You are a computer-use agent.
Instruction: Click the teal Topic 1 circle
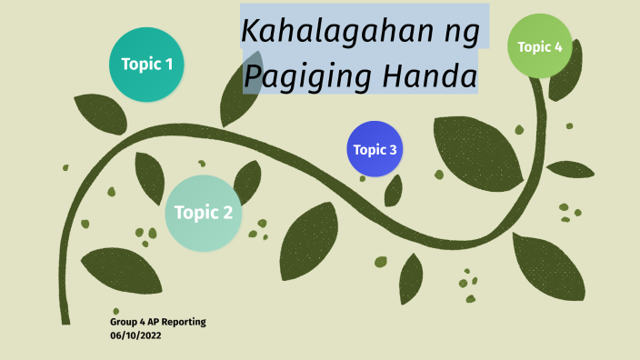pyautogui.click(x=147, y=65)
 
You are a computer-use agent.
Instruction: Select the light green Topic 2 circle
pyautogui.click(x=203, y=214)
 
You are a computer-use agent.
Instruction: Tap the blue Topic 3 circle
pyautogui.click(x=375, y=149)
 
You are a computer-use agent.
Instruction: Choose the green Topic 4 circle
pyautogui.click(x=540, y=46)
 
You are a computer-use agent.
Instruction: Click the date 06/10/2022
pyautogui.click(x=135, y=335)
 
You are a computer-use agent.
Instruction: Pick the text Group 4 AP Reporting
pyautogui.click(x=158, y=323)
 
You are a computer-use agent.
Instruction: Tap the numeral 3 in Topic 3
pyautogui.click(x=393, y=149)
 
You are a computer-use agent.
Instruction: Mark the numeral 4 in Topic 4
pyautogui.click(x=558, y=46)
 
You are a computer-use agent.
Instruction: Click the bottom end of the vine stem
pyautogui.click(x=65, y=321)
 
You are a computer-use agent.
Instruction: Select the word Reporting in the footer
pyautogui.click(x=185, y=323)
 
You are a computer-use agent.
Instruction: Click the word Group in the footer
pyautogui.click(x=123, y=323)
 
